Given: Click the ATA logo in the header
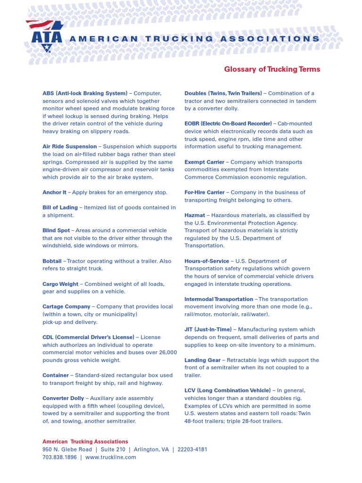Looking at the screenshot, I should pyautogui.click(x=44, y=36).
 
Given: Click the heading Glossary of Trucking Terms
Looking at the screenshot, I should pyautogui.click(x=272, y=69).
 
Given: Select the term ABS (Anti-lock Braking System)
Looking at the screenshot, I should pyautogui.click(x=85, y=93).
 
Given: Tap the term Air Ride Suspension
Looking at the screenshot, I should pyautogui.click(x=69, y=147).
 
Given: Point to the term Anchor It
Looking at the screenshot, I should pyautogui.click(x=54, y=192).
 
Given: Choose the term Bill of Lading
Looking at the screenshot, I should pyautogui.click(x=60, y=208).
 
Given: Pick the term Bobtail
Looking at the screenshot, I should pyautogui.click(x=52, y=261).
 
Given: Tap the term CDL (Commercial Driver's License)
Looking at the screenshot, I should pyautogui.click(x=88, y=337).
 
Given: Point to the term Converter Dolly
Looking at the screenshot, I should pyautogui.click(x=63, y=398).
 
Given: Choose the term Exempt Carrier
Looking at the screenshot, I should pyautogui.click(x=204, y=162).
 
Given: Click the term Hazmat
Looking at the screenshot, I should pyautogui.click(x=195, y=215).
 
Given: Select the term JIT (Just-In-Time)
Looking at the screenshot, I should pyautogui.click(x=207, y=330).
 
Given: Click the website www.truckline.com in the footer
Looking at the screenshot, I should pyautogui.click(x=111, y=457).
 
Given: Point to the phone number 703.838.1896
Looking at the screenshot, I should pyautogui.click(x=59, y=457).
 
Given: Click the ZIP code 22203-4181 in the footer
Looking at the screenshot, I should pyautogui.click(x=192, y=450).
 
